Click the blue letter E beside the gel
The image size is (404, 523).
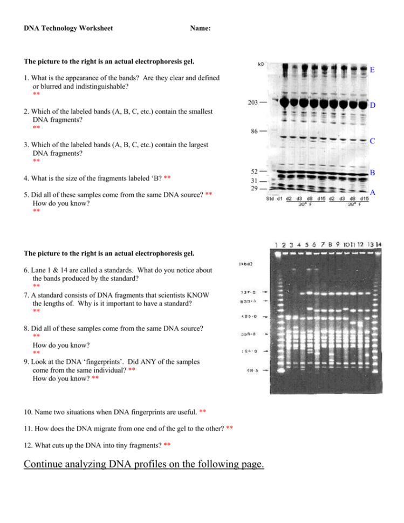click(x=373, y=70)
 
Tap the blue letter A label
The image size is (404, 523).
click(x=373, y=192)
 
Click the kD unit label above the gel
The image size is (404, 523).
click(x=261, y=64)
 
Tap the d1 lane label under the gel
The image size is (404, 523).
click(x=280, y=199)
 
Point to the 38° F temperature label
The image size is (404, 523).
click(x=353, y=205)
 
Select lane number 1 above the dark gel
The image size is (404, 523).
click(x=277, y=245)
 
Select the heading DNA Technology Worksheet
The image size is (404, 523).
click(x=69, y=28)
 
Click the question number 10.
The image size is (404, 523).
click(x=28, y=412)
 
